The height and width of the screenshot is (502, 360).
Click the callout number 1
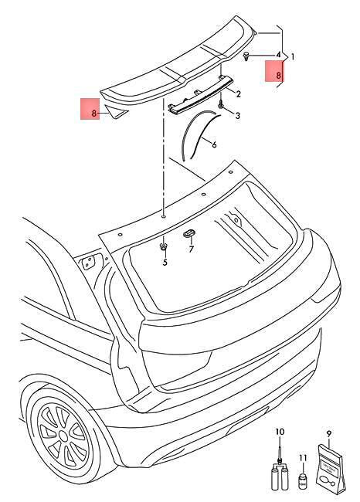coord(293,57)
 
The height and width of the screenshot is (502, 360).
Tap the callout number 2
coord(238,94)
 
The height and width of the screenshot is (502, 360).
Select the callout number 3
coord(237,116)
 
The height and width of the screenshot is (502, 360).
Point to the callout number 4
coord(278,55)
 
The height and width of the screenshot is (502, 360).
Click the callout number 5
coord(165,263)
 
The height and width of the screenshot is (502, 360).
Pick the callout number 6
coord(214,144)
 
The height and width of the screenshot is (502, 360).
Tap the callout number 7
coord(192,249)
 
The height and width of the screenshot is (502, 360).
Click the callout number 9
coord(329,434)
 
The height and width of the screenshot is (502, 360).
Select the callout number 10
coord(280,432)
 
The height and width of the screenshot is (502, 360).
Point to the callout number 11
coord(303,459)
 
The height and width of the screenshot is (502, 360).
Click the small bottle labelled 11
coord(302,481)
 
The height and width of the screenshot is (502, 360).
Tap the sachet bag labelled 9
coord(330,468)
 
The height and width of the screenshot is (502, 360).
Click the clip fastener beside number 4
coord(246,56)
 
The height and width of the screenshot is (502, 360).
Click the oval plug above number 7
coord(189,233)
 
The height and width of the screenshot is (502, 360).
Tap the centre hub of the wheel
coord(64,436)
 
